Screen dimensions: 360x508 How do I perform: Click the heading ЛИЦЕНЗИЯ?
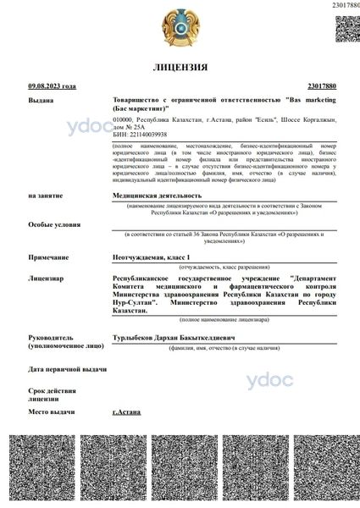point(180,66)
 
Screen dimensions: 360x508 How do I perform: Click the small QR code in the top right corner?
point(347,28)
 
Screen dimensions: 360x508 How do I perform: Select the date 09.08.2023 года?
point(53,86)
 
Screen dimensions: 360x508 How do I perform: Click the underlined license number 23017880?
point(323,86)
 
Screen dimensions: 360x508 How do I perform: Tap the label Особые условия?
point(52,224)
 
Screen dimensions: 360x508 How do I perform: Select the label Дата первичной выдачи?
point(68,369)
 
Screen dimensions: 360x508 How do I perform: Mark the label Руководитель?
point(52,336)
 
